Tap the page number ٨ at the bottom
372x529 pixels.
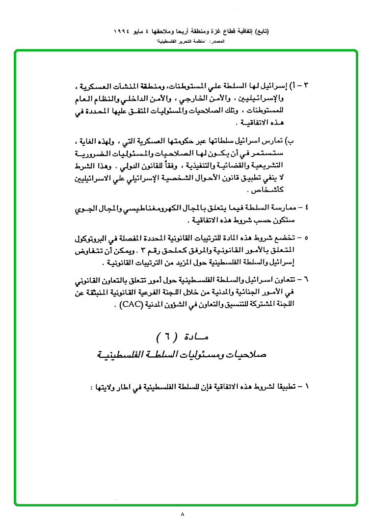pos(182,515)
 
